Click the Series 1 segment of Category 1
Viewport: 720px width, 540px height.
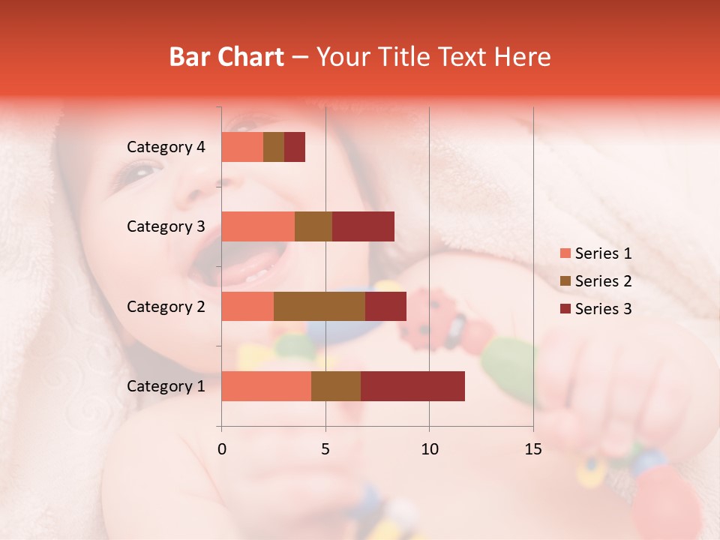click(x=266, y=386)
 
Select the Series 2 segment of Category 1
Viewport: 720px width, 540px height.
click(x=336, y=386)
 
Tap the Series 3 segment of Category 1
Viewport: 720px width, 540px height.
click(x=412, y=386)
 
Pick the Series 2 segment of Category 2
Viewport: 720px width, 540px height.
click(x=319, y=306)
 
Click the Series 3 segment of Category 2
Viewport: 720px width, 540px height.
click(x=385, y=306)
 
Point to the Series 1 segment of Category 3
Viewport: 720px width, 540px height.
click(x=258, y=226)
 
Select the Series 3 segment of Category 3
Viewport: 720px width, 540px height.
click(x=363, y=226)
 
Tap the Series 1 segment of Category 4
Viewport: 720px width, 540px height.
click(x=242, y=147)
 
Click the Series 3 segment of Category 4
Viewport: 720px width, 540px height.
click(x=295, y=147)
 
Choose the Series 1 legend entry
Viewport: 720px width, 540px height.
click(x=595, y=253)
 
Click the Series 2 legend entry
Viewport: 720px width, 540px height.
click(x=595, y=281)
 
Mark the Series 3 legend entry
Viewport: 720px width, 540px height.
click(x=595, y=309)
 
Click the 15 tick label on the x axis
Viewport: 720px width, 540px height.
click(x=532, y=449)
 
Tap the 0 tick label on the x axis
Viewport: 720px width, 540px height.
click(x=222, y=449)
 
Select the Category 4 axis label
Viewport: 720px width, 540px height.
click(x=166, y=147)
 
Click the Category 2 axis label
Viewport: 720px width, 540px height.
click(x=166, y=306)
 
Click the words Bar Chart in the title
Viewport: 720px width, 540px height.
click(x=226, y=57)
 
